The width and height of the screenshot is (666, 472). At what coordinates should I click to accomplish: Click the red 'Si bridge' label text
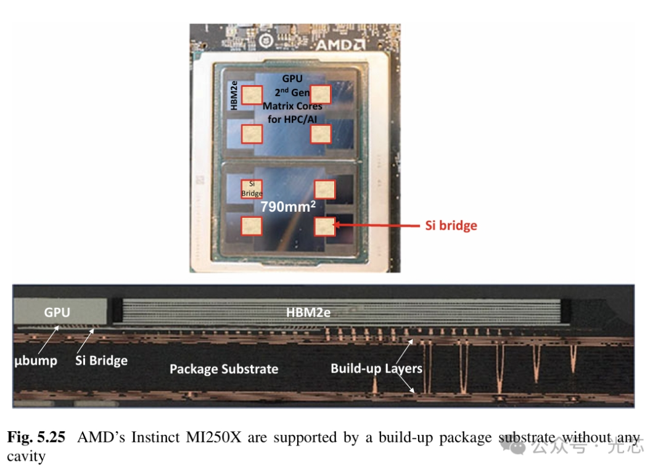pyautogui.click(x=451, y=226)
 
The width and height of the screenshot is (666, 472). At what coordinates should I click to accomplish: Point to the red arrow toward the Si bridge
pyautogui.click(x=376, y=226)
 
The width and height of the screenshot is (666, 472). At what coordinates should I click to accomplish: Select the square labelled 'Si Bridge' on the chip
pyautogui.click(x=252, y=188)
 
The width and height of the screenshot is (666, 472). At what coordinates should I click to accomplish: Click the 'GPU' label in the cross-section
pyautogui.click(x=57, y=313)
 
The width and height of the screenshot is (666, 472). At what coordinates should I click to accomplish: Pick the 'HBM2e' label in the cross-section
pyautogui.click(x=308, y=313)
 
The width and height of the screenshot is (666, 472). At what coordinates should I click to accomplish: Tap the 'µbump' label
pyautogui.click(x=35, y=360)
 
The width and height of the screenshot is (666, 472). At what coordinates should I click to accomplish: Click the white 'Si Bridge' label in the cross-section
pyautogui.click(x=101, y=360)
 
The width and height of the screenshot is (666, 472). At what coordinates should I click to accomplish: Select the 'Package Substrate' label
pyautogui.click(x=224, y=369)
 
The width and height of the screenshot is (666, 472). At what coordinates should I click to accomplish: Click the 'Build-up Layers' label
pyautogui.click(x=376, y=368)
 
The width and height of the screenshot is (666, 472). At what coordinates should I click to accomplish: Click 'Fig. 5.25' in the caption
pyautogui.click(x=36, y=438)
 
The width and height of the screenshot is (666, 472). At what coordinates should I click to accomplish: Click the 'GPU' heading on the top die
pyautogui.click(x=292, y=79)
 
